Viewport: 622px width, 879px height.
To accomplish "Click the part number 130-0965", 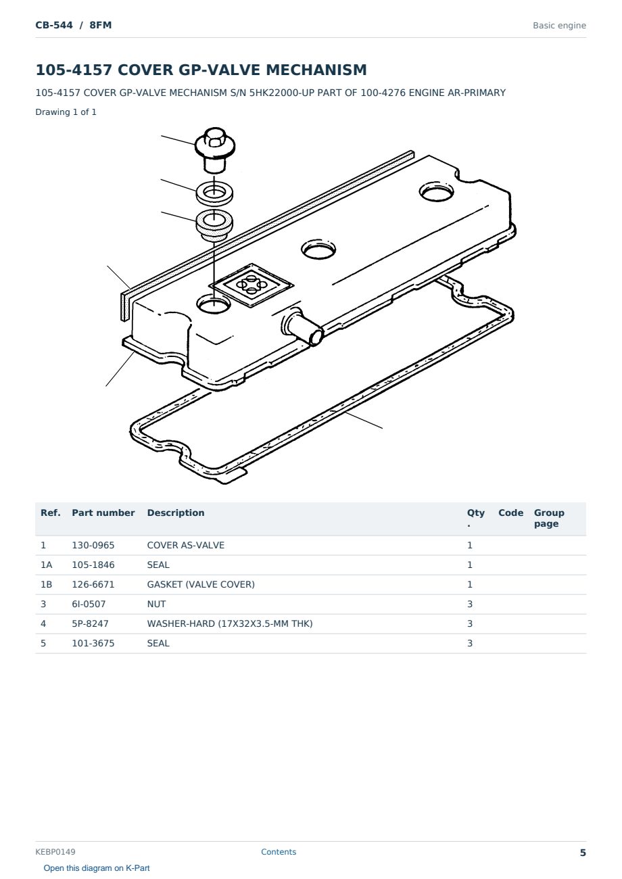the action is pos(93,545).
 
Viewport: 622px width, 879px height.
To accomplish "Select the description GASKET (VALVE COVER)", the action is pos(201,584).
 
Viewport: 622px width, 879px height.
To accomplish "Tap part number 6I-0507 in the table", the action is pos(89,604).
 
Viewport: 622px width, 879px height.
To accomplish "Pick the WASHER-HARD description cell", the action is pos(230,623).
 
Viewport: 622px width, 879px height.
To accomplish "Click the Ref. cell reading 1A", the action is pos(46,565).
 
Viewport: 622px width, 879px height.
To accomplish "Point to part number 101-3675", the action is pos(93,643).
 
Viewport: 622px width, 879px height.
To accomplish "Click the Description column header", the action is pos(175,513).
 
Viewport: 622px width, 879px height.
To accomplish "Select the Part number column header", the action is pos(103,513).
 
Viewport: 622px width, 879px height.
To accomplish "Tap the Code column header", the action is pos(510,513).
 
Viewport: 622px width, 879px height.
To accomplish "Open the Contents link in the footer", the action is pos(279,852).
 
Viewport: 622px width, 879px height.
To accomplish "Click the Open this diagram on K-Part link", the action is pos(97,868).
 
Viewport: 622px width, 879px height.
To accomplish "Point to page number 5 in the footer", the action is pos(583,853).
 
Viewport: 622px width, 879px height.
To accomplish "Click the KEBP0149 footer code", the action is pos(55,852).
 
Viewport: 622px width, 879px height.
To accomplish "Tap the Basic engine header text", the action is pos(559,26).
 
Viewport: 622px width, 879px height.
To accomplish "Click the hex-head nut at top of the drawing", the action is pos(215,149).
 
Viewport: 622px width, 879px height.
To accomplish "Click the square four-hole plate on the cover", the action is pos(251,285).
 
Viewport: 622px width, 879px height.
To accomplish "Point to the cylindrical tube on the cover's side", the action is pos(303,327).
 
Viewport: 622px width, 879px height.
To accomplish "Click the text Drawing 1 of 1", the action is pos(66,112).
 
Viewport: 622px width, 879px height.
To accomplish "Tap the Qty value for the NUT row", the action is pos(470,604).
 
